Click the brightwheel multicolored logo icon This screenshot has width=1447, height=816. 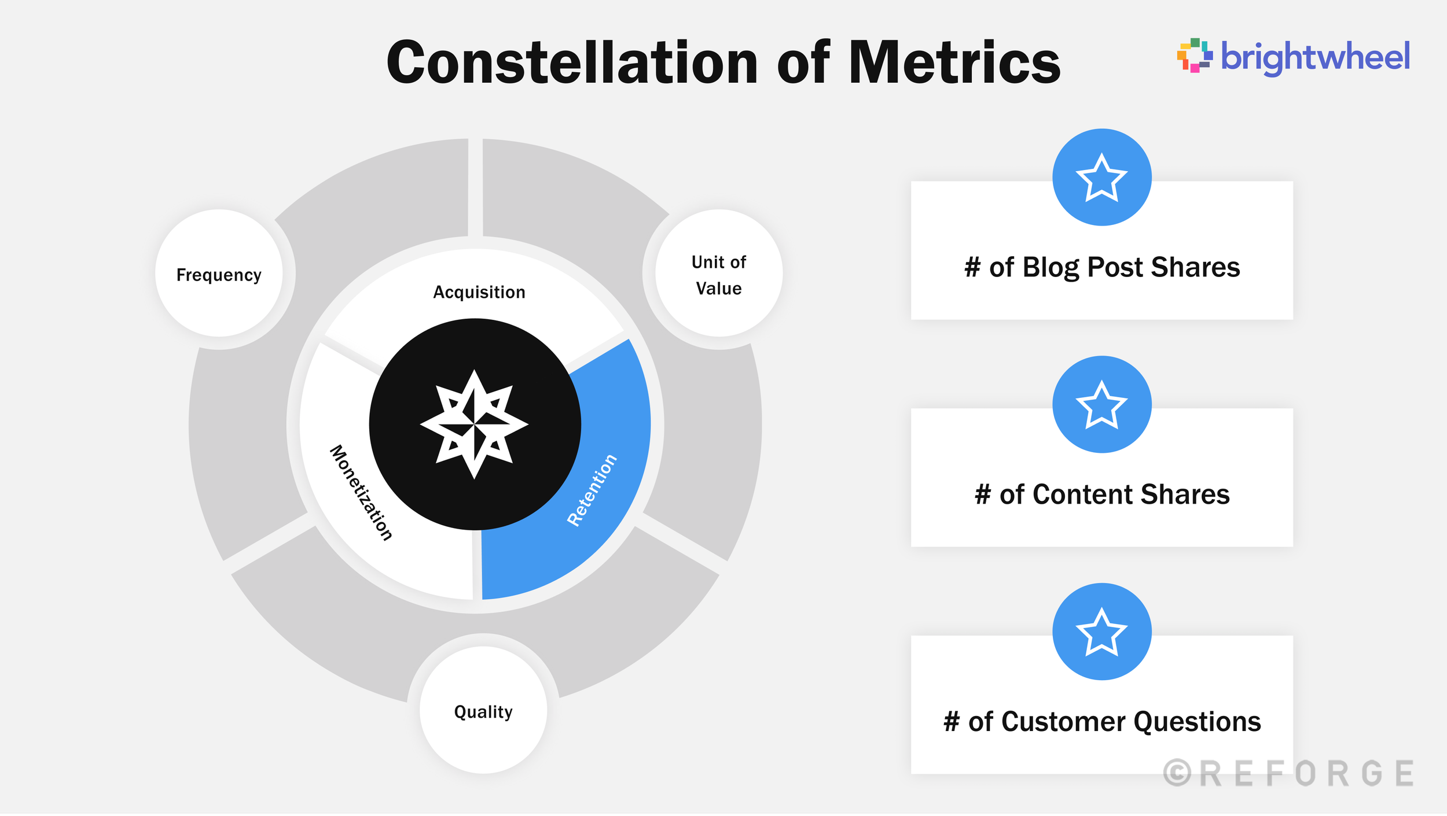pyautogui.click(x=1195, y=56)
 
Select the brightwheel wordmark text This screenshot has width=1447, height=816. pyautogui.click(x=1315, y=57)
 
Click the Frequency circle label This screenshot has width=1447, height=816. pyautogui.click(x=219, y=275)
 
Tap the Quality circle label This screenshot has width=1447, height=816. pyautogui.click(x=483, y=711)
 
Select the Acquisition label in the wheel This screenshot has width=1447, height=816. pyautogui.click(x=479, y=292)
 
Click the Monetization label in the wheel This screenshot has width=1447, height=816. pyautogui.click(x=361, y=493)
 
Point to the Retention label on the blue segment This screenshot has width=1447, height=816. pyautogui.click(x=592, y=490)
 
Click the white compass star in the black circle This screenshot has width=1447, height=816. pyautogui.click(x=475, y=424)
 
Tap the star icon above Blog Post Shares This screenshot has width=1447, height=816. pyautogui.click(x=1101, y=178)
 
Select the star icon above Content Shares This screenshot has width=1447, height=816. pyautogui.click(x=1101, y=405)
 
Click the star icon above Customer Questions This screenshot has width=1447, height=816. pyautogui.click(x=1101, y=632)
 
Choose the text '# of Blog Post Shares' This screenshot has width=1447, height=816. pyautogui.click(x=1102, y=267)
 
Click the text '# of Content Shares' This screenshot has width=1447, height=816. pyautogui.click(x=1102, y=494)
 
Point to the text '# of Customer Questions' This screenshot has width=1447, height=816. pyautogui.click(x=1102, y=722)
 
